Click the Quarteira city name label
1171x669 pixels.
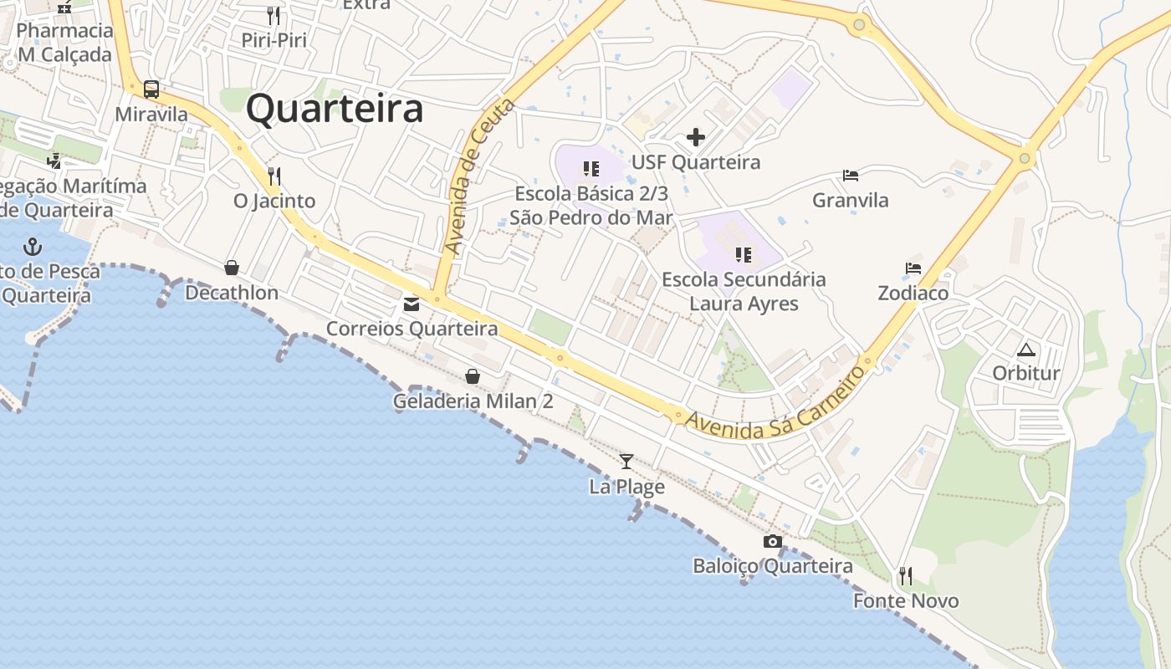pyautogui.click(x=335, y=110)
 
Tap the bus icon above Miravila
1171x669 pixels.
pyautogui.click(x=151, y=89)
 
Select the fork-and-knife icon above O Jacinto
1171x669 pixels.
pyautogui.click(x=274, y=176)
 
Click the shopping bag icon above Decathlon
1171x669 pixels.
pyautogui.click(x=232, y=268)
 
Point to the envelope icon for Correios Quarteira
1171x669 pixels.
pyautogui.click(x=412, y=304)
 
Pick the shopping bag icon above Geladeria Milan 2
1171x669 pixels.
pyautogui.click(x=473, y=376)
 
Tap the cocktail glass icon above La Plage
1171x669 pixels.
pyautogui.click(x=626, y=461)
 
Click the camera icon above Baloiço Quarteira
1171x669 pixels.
pyautogui.click(x=773, y=541)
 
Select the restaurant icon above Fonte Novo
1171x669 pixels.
pyautogui.click(x=905, y=576)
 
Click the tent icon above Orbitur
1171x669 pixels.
pyautogui.click(x=1026, y=349)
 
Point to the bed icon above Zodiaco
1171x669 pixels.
pyautogui.click(x=913, y=268)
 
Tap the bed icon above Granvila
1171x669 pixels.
pyautogui.click(x=851, y=176)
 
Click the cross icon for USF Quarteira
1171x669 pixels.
pyautogui.click(x=695, y=137)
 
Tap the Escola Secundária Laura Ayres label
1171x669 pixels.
pyautogui.click(x=744, y=291)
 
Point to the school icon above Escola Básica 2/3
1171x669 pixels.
pyautogui.click(x=591, y=169)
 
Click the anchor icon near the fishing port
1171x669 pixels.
pyautogui.click(x=33, y=247)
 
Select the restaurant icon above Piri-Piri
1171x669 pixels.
pyautogui.click(x=274, y=15)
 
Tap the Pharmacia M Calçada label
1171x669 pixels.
pyautogui.click(x=64, y=43)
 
